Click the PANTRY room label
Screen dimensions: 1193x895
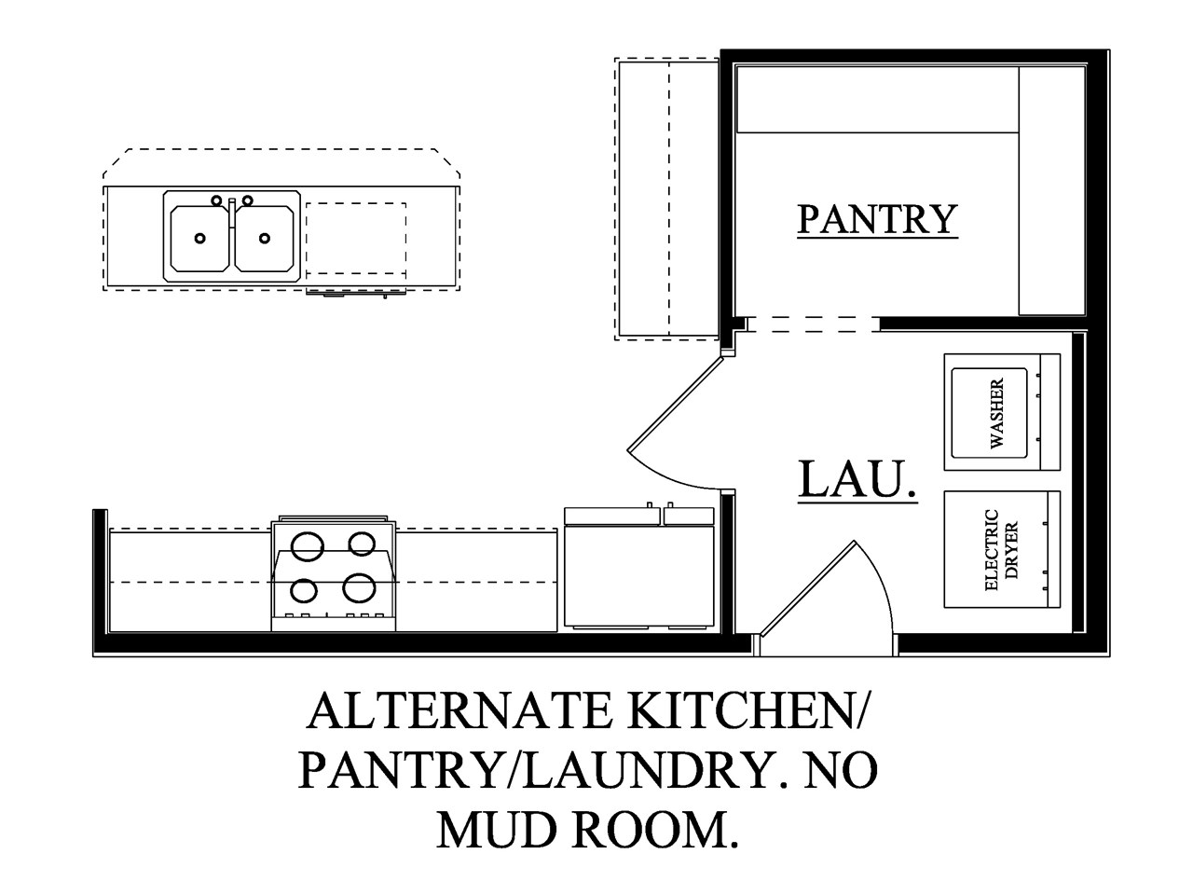(877, 219)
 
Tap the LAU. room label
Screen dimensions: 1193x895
(858, 479)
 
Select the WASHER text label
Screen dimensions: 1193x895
(996, 413)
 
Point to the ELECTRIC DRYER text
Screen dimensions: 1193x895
(1001, 549)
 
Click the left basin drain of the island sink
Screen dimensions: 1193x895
(200, 238)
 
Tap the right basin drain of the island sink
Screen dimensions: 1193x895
(265, 238)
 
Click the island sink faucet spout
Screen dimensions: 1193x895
(232, 214)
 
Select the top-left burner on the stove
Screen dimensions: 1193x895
(307, 545)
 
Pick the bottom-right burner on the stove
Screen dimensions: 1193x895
(359, 588)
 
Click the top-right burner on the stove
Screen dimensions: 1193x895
(362, 544)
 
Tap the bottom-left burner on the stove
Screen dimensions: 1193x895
(304, 591)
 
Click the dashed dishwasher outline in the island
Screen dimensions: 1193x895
(356, 239)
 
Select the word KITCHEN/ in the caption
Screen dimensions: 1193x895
(744, 712)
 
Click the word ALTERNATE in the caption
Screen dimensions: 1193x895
(459, 711)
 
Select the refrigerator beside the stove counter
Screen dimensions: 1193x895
(639, 567)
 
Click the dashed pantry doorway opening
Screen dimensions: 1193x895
(813, 324)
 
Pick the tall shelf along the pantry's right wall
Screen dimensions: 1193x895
(1051, 191)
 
